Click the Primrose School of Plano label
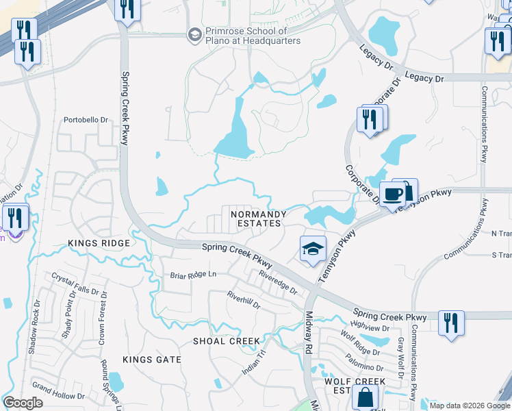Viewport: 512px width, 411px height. [x=253, y=36]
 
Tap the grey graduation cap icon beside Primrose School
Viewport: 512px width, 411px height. [x=194, y=34]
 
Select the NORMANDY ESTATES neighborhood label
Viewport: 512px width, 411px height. [x=256, y=219]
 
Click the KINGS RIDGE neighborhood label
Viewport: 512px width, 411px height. [x=99, y=243]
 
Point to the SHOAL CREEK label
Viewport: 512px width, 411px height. [x=227, y=341]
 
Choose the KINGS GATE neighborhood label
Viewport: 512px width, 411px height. [x=152, y=359]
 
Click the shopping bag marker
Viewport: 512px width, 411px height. [x=365, y=397]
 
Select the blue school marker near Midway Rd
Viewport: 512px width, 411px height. [x=312, y=249]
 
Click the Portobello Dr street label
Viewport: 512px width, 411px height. [x=86, y=120]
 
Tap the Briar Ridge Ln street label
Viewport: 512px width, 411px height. [x=193, y=275]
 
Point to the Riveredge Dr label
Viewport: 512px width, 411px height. [x=278, y=282]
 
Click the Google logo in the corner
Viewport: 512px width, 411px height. [x=23, y=403]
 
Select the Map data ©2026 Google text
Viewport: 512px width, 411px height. [x=469, y=406]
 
